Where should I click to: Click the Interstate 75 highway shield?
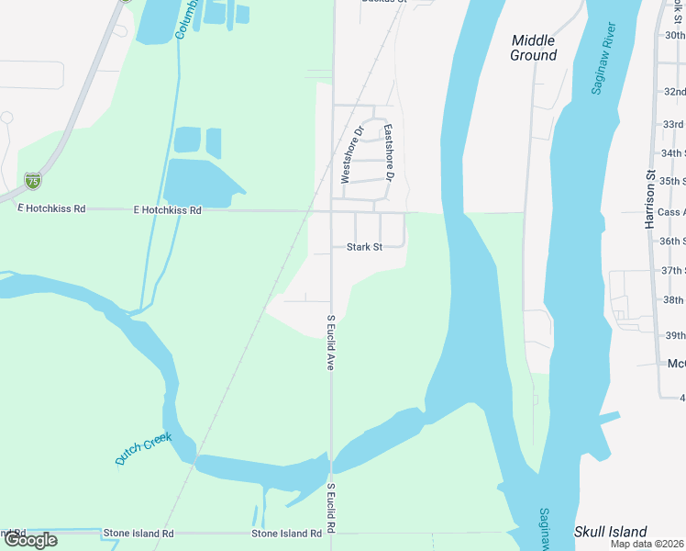[x=33, y=180]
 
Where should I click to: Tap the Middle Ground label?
[x=534, y=48]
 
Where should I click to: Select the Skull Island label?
[x=610, y=532]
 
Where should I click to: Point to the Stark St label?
[x=363, y=247]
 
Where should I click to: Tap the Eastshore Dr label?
[x=389, y=152]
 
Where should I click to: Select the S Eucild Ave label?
[x=331, y=343]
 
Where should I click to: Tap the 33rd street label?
[x=674, y=124]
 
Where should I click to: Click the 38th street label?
[x=674, y=300]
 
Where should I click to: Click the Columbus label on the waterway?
[x=186, y=20]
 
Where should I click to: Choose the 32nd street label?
[x=674, y=92]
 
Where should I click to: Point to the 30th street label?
[x=674, y=35]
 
